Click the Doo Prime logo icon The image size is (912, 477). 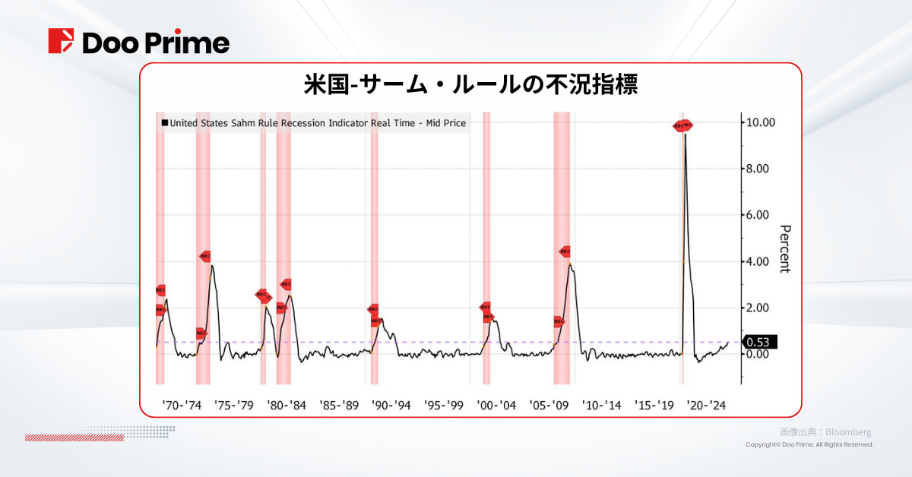click(61, 41)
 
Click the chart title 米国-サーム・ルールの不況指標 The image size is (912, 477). click(470, 84)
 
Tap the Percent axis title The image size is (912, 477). click(785, 249)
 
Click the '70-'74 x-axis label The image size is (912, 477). click(183, 405)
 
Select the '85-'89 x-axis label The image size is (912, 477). click(339, 405)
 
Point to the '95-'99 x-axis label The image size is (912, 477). click(444, 405)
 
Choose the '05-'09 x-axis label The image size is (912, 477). click(549, 405)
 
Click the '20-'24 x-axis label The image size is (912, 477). click(707, 405)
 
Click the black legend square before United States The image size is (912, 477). click(163, 122)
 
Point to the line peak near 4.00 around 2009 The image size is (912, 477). click(570, 264)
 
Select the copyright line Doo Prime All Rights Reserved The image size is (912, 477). click(809, 444)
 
